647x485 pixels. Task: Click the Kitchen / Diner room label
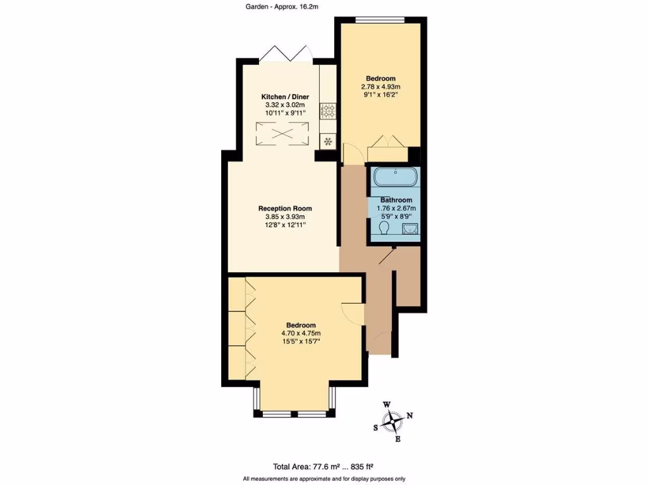point(285,97)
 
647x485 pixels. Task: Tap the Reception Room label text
point(285,208)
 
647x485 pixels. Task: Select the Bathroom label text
point(396,200)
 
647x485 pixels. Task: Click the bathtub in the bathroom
point(395,177)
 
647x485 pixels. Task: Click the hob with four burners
point(328,112)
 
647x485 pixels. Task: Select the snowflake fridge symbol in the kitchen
point(328,141)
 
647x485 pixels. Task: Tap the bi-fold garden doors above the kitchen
point(287,54)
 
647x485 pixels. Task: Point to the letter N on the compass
point(409,415)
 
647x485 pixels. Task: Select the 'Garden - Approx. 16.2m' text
point(281,7)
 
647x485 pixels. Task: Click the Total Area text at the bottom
point(323,467)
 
